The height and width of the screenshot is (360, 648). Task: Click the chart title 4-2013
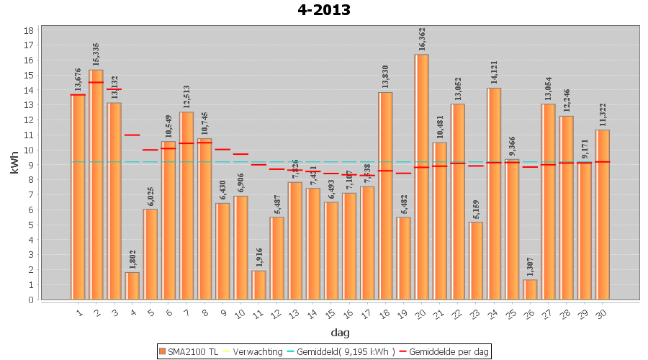[x=324, y=10]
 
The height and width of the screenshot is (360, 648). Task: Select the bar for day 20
[x=422, y=176]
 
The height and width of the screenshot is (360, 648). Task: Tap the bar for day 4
[x=132, y=286]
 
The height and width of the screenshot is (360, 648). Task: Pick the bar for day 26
[x=530, y=289]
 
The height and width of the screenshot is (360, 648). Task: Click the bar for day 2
[x=96, y=184]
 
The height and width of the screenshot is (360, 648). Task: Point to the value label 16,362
[x=423, y=39]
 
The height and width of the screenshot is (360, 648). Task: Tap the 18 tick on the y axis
[x=29, y=31]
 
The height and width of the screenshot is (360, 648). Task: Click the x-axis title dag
[x=341, y=333]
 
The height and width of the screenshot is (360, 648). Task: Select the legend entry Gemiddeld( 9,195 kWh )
[x=345, y=352]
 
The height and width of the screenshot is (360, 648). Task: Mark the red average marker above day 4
[x=132, y=135]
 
